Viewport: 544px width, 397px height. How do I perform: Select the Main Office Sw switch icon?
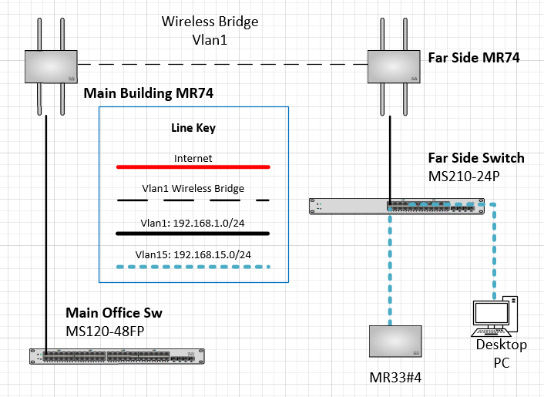point(117,356)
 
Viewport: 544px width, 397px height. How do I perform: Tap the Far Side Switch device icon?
point(397,206)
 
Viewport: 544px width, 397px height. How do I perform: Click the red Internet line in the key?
point(193,166)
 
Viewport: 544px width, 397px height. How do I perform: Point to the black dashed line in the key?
point(193,200)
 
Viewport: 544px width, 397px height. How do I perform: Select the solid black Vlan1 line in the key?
point(193,232)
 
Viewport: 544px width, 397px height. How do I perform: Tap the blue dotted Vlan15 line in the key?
point(193,266)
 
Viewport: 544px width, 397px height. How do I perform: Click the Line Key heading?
point(193,129)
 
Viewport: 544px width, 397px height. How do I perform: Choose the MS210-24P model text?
point(465,177)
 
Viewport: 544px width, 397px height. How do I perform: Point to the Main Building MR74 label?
point(148,93)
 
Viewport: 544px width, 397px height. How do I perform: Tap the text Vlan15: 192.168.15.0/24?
point(193,254)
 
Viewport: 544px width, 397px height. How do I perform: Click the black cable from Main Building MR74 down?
point(48,231)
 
